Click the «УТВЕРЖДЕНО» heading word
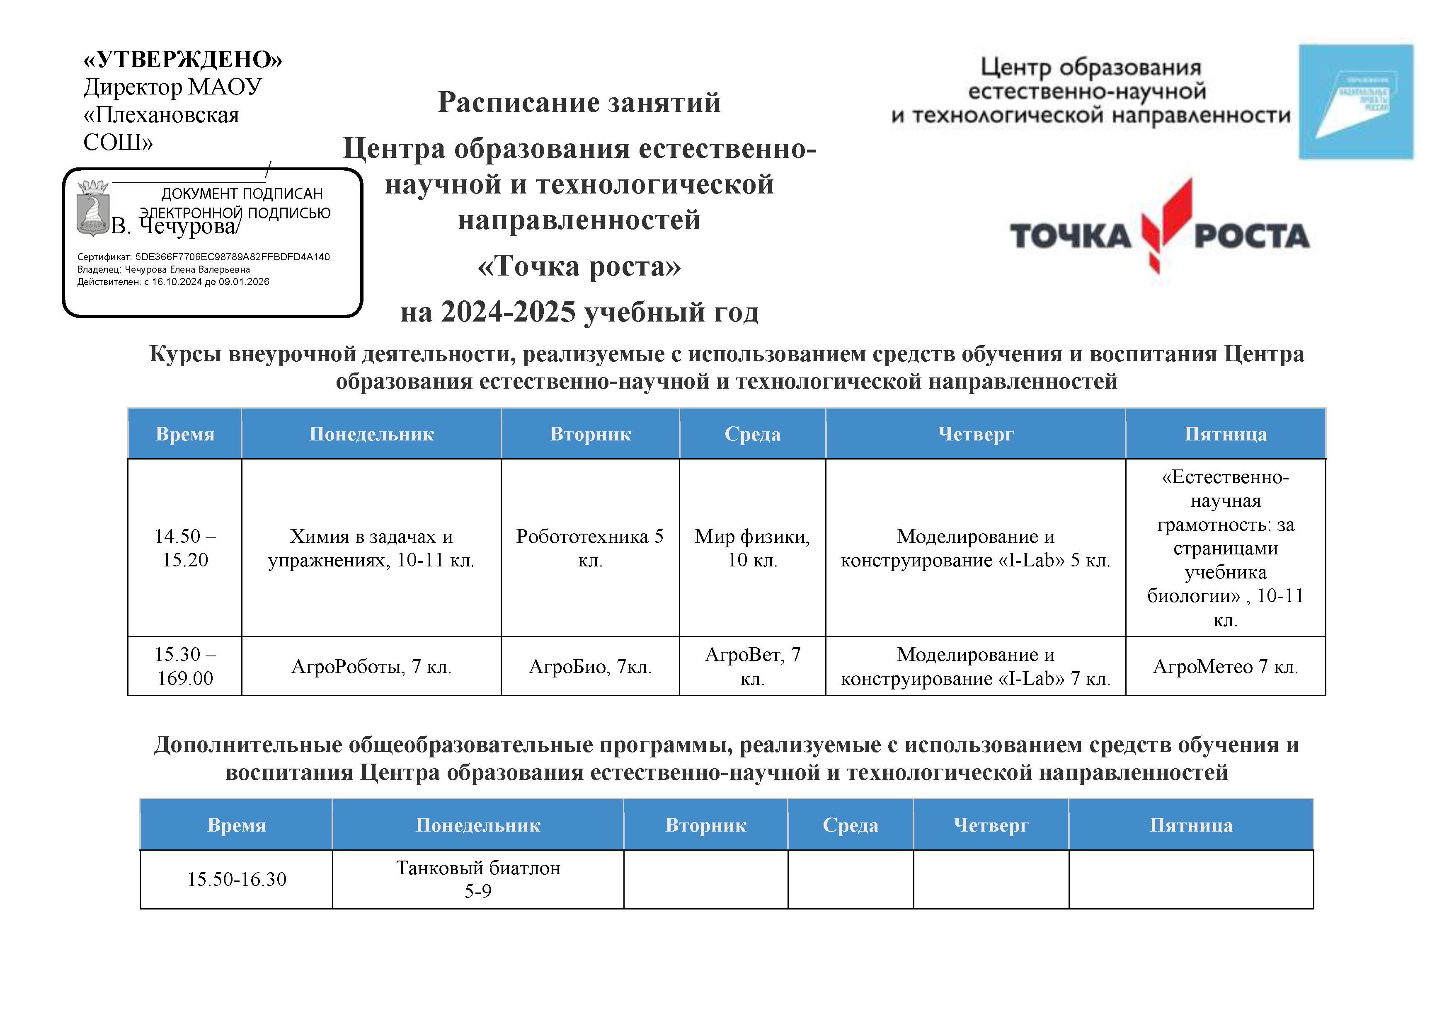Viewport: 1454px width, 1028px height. click(182, 60)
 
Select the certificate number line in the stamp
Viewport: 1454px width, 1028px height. click(203, 257)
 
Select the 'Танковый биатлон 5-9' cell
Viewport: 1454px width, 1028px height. click(478, 879)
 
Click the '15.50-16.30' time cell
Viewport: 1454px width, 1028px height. click(236, 879)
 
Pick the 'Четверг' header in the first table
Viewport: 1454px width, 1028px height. click(975, 434)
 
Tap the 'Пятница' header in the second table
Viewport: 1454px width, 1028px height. click(1190, 825)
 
